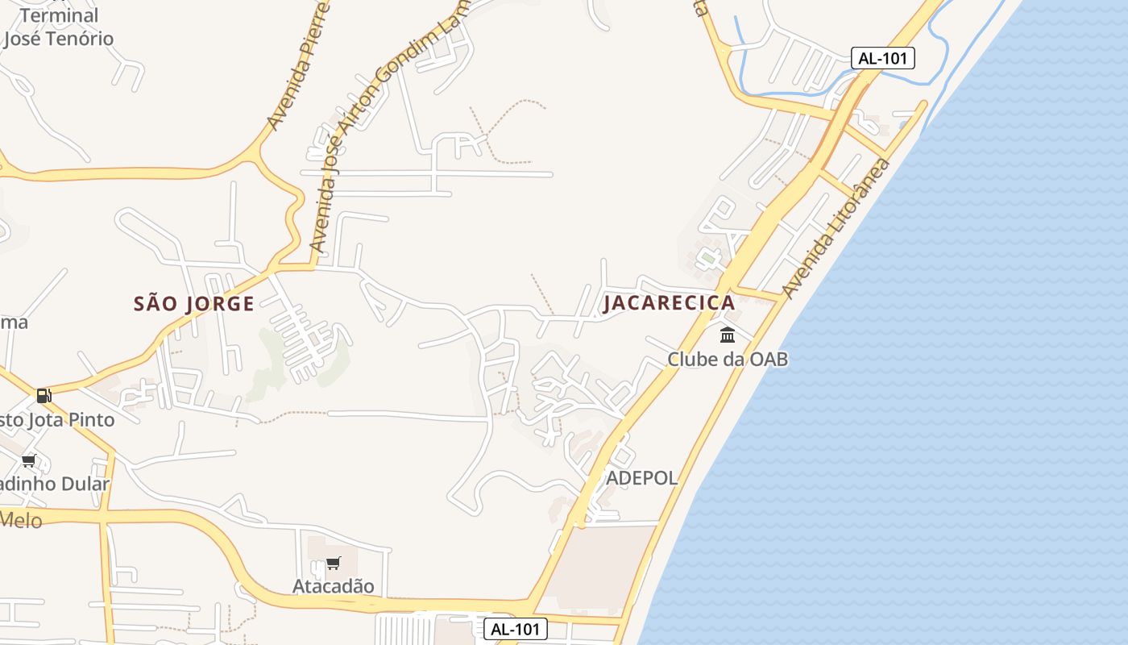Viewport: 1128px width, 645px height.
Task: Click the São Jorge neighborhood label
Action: click(x=193, y=304)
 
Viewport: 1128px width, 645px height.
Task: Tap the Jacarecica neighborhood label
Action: click(x=669, y=303)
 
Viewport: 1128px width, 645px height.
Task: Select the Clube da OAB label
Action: click(x=727, y=359)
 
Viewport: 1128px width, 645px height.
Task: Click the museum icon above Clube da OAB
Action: click(x=728, y=335)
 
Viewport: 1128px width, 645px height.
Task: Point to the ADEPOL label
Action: click(x=641, y=478)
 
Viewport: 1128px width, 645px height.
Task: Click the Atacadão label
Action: click(x=333, y=586)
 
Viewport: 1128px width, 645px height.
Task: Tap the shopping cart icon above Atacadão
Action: click(x=333, y=563)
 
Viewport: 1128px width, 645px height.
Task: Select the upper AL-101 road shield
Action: click(x=882, y=58)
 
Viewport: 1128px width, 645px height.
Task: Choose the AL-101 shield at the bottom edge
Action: click(x=516, y=629)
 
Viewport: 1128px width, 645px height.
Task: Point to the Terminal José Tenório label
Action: click(x=58, y=27)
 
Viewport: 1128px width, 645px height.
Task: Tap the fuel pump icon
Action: click(x=44, y=395)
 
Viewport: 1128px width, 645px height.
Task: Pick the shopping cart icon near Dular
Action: click(x=29, y=460)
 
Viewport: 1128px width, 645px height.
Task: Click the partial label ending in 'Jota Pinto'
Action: click(x=57, y=420)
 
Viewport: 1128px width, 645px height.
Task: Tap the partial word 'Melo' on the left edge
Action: click(x=21, y=520)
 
